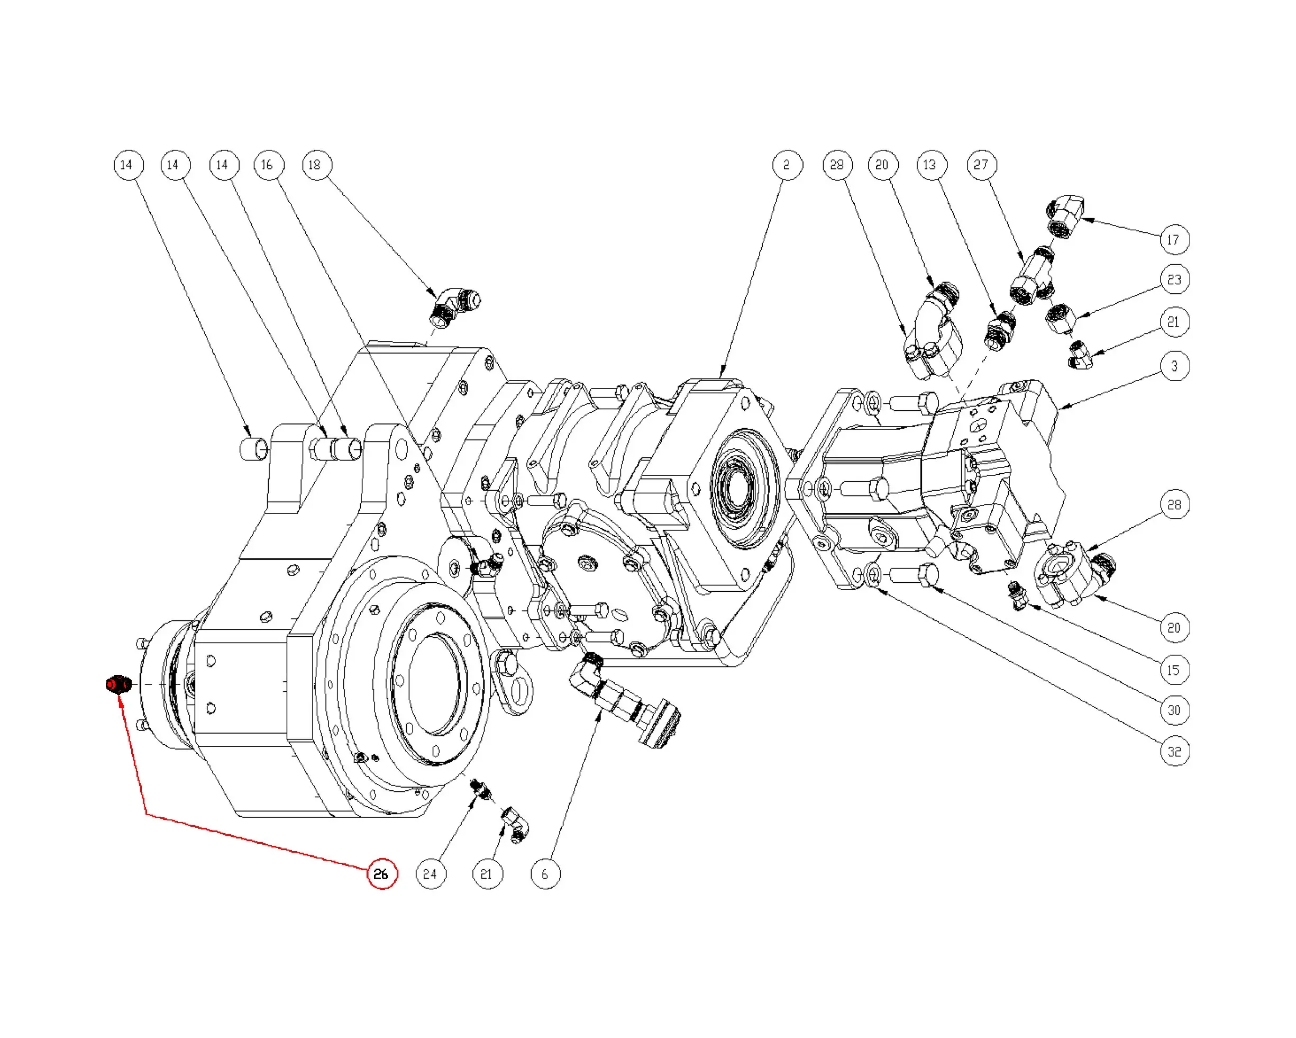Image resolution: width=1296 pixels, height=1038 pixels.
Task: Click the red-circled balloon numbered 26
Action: (382, 874)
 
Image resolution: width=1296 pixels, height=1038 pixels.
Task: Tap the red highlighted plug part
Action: (118, 684)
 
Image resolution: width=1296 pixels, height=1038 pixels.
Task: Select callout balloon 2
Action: (788, 165)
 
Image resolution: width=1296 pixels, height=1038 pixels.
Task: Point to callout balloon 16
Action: (268, 165)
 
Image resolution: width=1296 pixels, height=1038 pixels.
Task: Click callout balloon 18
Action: (317, 165)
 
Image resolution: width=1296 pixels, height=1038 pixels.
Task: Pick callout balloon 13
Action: (931, 165)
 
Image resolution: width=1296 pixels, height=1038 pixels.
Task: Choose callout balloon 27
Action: (982, 165)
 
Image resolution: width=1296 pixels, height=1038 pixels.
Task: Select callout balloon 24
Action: (431, 874)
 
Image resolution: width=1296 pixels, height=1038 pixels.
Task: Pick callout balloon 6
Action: (545, 874)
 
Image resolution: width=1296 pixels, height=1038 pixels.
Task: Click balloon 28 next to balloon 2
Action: (837, 165)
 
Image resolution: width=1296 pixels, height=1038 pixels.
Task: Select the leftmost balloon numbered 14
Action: (128, 165)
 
